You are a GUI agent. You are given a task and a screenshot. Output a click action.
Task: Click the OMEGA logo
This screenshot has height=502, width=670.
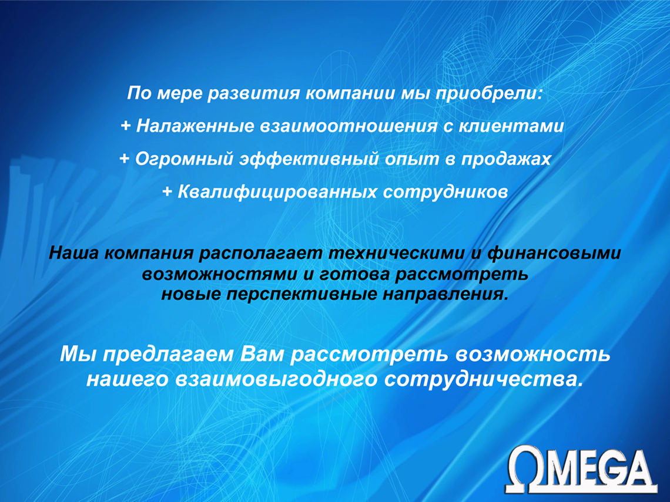tap(582, 469)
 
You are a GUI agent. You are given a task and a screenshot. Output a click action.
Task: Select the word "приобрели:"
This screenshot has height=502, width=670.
tap(489, 93)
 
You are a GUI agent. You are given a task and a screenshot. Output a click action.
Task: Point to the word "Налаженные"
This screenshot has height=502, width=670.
tap(195, 126)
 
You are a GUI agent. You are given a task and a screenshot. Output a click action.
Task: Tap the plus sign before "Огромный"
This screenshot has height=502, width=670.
tap(125, 159)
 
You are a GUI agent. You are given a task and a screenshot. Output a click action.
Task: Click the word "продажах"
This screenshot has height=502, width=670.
tap(506, 159)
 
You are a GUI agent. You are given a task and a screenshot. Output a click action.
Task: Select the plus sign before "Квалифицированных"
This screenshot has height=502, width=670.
tap(167, 191)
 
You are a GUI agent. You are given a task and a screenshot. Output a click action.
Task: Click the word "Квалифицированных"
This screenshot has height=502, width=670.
tap(277, 191)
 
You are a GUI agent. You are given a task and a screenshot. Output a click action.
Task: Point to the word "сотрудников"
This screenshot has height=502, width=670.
tap(445, 191)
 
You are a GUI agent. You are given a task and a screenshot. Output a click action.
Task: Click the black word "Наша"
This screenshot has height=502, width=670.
tap(74, 253)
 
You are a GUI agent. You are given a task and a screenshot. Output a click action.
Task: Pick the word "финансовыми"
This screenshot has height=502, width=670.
tap(554, 253)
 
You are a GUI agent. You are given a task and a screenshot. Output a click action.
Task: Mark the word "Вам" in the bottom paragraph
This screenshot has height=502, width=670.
tap(262, 355)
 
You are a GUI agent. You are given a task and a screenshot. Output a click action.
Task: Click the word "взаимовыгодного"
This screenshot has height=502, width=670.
tap(276, 379)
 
